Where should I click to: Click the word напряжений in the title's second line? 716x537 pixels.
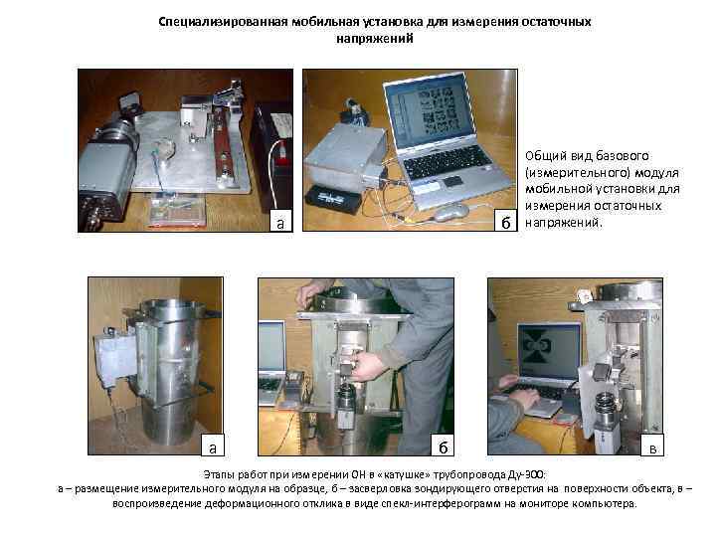coord(375,39)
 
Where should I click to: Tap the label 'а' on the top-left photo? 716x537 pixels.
coord(279,223)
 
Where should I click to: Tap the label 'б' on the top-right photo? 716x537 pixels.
coord(505,222)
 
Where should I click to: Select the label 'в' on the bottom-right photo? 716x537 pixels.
coord(652,447)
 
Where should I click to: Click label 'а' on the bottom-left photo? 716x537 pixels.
coord(213,447)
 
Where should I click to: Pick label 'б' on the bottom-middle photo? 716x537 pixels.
coord(443,447)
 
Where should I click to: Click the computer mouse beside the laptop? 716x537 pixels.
coord(450,213)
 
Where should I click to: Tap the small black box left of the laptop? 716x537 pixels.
coord(333,199)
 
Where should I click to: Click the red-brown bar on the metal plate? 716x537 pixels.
coord(224,139)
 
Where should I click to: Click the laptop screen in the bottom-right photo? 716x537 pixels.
coord(549,352)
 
